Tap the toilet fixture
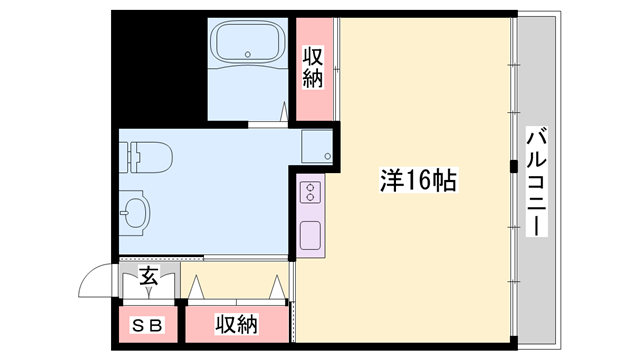[x=150, y=157]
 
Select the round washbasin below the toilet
[x=135, y=211]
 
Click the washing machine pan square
[x=318, y=146]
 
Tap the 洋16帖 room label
[x=418, y=182]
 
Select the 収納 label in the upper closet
[x=314, y=65]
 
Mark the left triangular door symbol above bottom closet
[x=197, y=286]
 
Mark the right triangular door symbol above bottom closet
[x=275, y=286]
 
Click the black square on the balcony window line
[x=513, y=165]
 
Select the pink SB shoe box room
[x=147, y=326]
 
